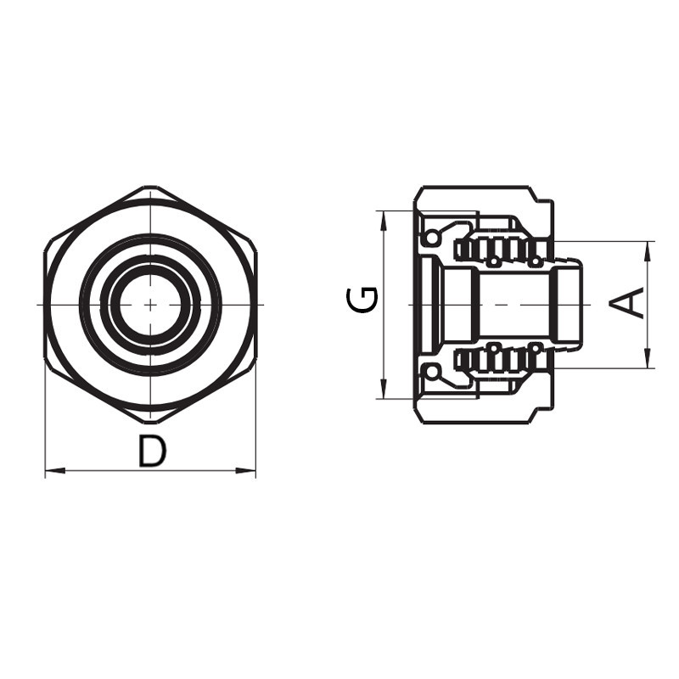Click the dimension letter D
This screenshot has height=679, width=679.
click(x=152, y=452)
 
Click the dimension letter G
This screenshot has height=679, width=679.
click(x=364, y=300)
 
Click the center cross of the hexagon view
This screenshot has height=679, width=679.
click(x=150, y=304)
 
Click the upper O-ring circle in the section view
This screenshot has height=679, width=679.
click(x=432, y=237)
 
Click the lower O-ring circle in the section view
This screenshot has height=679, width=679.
click(x=432, y=371)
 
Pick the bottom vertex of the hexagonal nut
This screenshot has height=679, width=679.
click(x=150, y=422)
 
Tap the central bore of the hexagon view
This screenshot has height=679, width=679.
click(x=150, y=304)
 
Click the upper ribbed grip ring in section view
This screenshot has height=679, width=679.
click(x=501, y=249)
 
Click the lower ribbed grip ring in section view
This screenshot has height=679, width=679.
click(x=501, y=359)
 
